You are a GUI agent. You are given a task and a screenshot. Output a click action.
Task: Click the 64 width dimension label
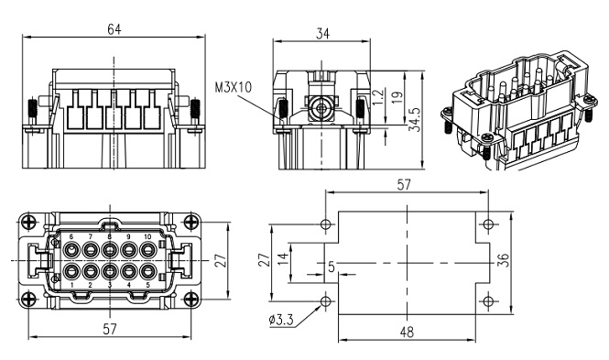click(x=114, y=29)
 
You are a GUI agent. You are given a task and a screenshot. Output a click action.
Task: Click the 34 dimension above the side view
click(x=322, y=34)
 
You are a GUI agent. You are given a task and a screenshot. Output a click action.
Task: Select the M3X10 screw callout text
click(x=234, y=88)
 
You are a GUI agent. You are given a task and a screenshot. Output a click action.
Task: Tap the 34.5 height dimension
click(x=416, y=120)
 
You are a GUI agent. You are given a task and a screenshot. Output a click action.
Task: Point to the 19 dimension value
click(x=397, y=97)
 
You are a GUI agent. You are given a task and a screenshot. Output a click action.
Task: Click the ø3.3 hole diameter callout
click(x=281, y=320)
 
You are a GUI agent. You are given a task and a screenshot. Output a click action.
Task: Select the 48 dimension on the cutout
click(x=407, y=332)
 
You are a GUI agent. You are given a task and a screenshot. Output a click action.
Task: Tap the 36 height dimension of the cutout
click(x=503, y=260)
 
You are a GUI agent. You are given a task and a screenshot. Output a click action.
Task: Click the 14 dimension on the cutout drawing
click(x=284, y=256)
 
